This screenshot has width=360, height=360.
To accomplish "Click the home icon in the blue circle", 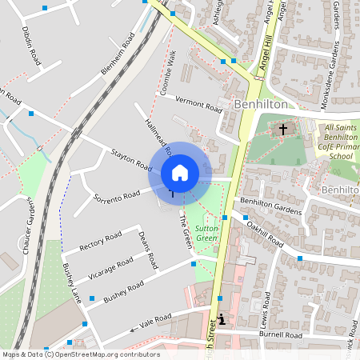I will coord(180,173).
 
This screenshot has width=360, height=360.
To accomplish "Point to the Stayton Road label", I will coord(132,159).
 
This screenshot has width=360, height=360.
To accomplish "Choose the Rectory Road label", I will coord(102,240).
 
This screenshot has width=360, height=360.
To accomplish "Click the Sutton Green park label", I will coord(207,233).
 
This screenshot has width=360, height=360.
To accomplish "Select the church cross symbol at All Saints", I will coord(282,129).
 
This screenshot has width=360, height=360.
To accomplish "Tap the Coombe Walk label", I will coord(168,73).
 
